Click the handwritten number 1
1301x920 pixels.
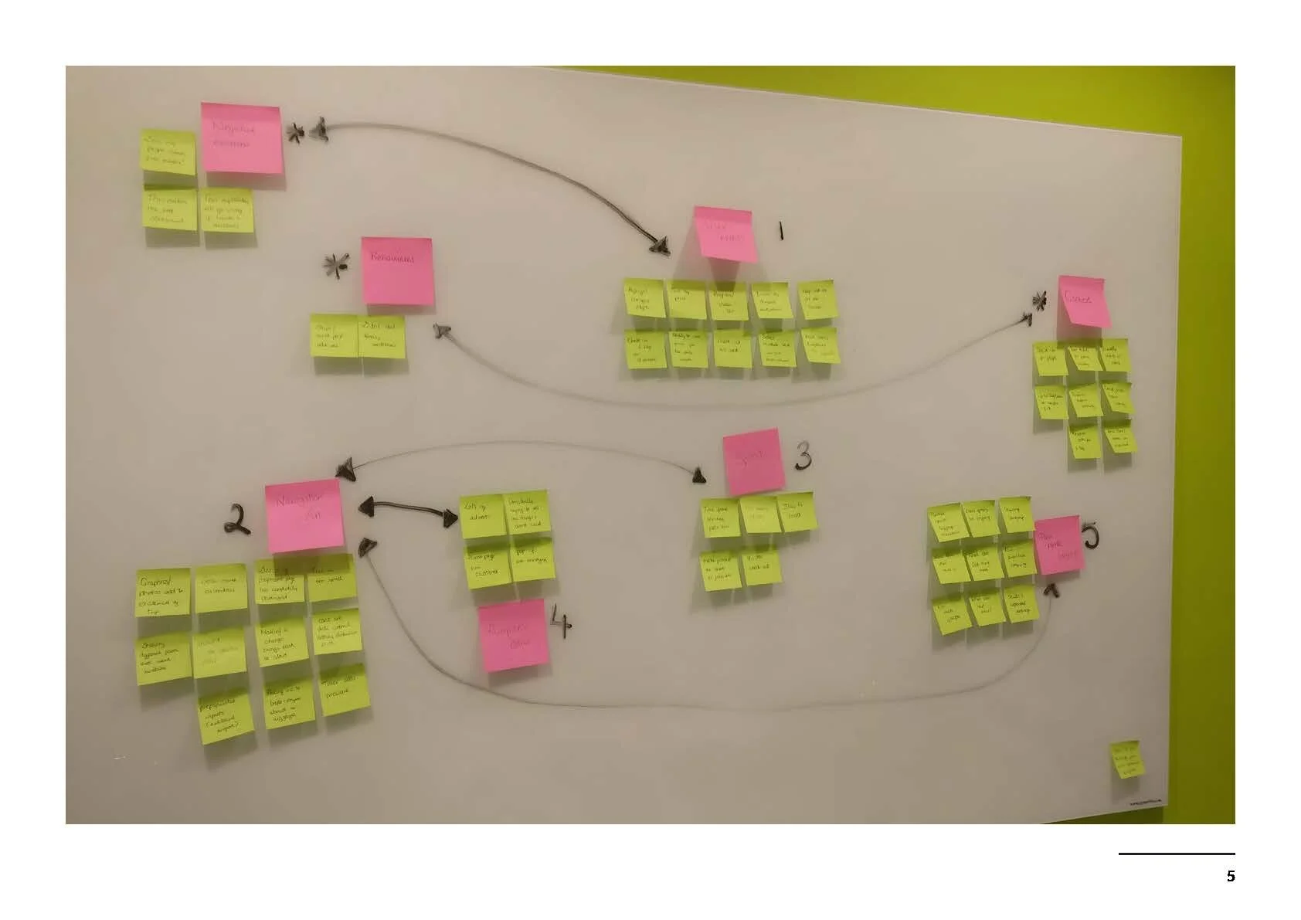781,229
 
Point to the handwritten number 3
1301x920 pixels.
803,457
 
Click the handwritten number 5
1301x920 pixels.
1089,535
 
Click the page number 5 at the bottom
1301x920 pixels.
1231,876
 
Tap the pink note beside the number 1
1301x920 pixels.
725,233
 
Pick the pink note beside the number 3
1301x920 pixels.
752,461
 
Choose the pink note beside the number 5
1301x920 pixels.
1056,545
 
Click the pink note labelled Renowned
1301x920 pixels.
397,270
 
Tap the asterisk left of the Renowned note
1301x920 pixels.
335,266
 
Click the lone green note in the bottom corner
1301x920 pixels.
1127,760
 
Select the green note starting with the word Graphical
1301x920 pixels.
163,591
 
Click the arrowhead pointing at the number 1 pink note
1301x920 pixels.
659,246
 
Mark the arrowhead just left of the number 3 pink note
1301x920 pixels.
699,476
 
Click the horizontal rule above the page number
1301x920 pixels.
1176,854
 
